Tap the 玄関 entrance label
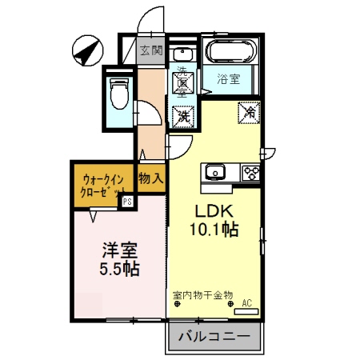(x=150, y=50)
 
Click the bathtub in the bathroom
(x=230, y=53)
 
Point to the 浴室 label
(x=229, y=79)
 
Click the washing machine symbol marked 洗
(x=184, y=114)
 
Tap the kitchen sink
(x=216, y=173)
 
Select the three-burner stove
(x=250, y=172)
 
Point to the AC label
(x=246, y=302)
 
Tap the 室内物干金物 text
(x=202, y=294)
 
